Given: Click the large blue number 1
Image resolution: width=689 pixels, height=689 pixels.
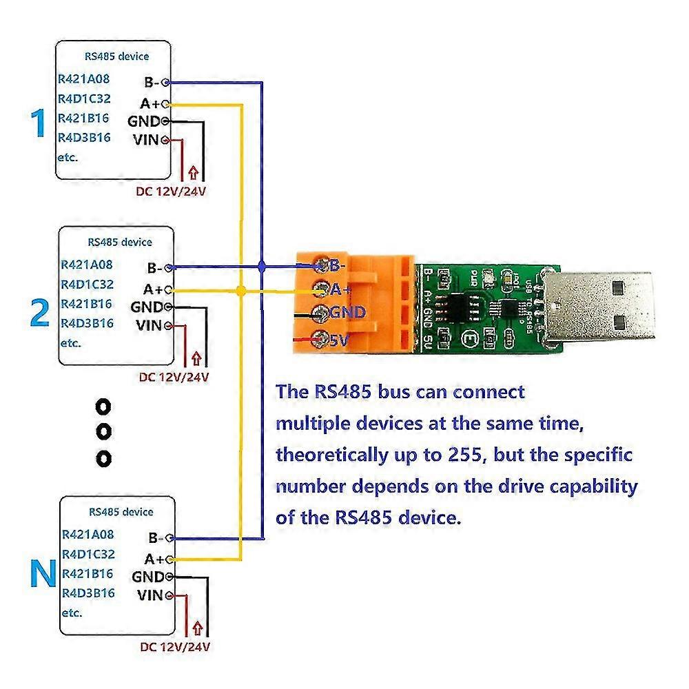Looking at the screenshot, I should click(x=38, y=124).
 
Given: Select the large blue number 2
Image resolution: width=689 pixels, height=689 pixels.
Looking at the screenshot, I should click(x=40, y=313).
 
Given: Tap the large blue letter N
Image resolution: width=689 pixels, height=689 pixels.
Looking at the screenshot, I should click(x=43, y=574).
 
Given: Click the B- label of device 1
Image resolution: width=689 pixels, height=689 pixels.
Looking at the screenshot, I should click(x=151, y=83).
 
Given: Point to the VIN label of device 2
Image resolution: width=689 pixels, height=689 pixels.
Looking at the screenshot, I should click(x=148, y=325).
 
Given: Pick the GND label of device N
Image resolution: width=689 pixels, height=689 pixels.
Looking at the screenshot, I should click(x=147, y=576).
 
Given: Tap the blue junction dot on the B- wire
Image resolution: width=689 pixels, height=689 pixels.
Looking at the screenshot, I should click(x=261, y=266).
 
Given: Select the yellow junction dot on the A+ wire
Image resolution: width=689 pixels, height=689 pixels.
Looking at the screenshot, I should click(x=240, y=291).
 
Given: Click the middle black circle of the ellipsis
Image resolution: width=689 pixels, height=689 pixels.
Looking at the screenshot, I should click(x=103, y=431).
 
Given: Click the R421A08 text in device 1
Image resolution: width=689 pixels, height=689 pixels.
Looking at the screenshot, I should click(x=84, y=79).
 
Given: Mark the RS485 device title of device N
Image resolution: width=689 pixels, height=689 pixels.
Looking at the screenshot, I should click(x=121, y=512).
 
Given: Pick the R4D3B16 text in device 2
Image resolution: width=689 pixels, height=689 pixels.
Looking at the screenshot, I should click(x=87, y=322).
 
